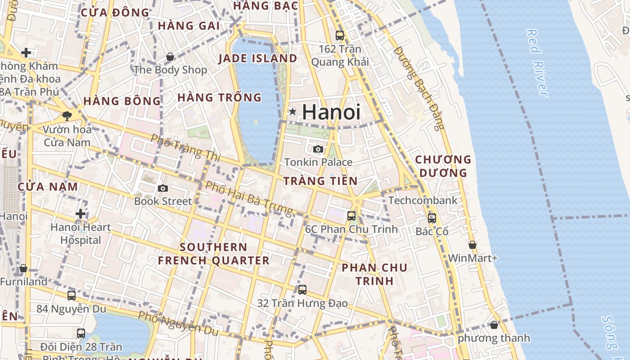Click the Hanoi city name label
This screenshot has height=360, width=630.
pos(331,112)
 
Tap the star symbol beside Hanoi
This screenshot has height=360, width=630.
pos(293,111)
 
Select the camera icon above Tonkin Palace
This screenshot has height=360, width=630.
pos(318,149)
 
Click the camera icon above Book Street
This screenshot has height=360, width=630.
pos(163,188)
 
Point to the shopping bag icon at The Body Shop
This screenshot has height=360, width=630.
pos(170,57)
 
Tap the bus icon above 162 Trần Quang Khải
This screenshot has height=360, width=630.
pos(340,35)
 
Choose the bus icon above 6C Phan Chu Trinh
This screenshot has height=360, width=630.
pos(351,216)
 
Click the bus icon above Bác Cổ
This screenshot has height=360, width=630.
pos(432,218)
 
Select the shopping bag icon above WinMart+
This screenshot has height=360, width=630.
pos(472,245)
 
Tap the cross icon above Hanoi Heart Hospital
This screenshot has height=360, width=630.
pos(81,213)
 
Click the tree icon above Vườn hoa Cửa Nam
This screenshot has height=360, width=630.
pos(67,116)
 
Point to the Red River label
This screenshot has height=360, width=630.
pos(537,63)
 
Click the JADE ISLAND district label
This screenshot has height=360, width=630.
pos(258,58)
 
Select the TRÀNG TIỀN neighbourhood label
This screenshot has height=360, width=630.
pos(320,181)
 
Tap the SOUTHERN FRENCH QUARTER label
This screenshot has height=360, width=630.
pos(213,254)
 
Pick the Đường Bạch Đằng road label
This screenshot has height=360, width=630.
pos(418,88)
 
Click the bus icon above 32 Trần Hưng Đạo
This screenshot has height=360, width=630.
pos(302,290)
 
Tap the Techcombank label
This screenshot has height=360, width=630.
pos(423,200)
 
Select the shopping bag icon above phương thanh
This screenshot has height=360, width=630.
pos(494,325)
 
